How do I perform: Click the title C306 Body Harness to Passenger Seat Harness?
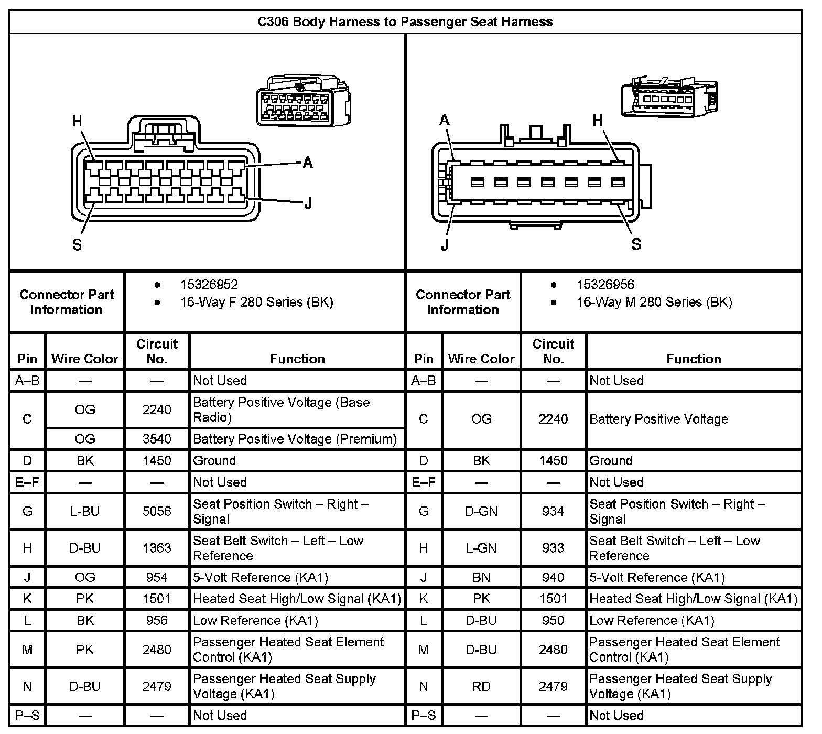(x=405, y=21)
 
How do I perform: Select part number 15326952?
(x=209, y=285)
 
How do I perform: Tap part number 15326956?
(x=605, y=285)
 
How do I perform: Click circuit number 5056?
(x=157, y=511)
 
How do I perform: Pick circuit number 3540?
(x=157, y=439)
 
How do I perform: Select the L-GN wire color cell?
(x=481, y=548)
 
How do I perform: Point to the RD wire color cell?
(x=481, y=686)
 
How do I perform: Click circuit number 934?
(x=553, y=511)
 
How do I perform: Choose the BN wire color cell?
(x=481, y=577)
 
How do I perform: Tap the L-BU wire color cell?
(x=85, y=511)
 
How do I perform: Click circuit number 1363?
(x=157, y=548)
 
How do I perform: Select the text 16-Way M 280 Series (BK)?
(x=654, y=303)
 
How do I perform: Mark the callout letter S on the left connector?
(x=77, y=245)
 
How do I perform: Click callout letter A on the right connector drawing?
(x=445, y=121)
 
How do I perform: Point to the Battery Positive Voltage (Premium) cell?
(x=295, y=439)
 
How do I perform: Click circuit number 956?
(x=157, y=621)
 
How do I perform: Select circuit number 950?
(x=553, y=621)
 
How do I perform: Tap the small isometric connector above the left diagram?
(x=304, y=102)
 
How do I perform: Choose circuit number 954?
(x=157, y=577)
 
